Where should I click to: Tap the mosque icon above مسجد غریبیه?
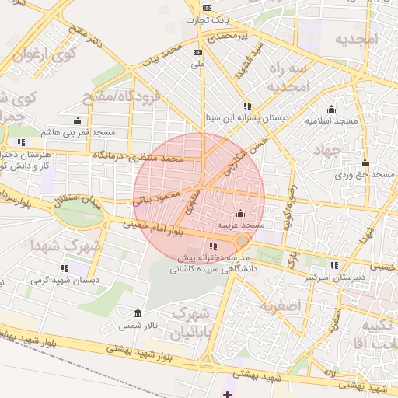pos(239,213)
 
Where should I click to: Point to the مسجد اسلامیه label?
pos(332,121)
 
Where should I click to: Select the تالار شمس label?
pos(143,324)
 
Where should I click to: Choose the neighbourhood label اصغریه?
pos(279,305)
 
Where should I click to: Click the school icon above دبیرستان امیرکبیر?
pos(334,265)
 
